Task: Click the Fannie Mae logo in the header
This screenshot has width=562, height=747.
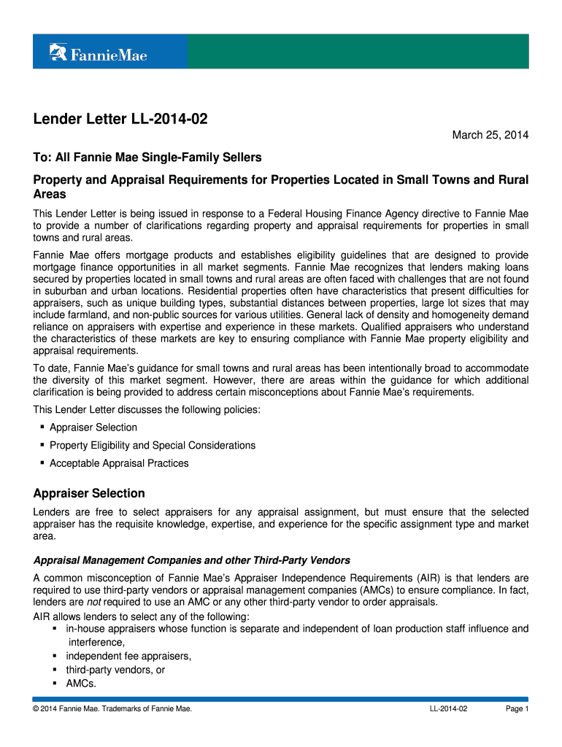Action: (x=98, y=53)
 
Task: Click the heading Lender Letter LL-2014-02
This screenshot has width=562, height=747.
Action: (x=120, y=119)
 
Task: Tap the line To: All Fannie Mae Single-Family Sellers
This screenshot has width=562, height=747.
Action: (x=147, y=158)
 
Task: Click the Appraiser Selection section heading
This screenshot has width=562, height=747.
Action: (x=89, y=493)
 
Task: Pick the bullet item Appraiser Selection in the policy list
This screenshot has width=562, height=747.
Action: (x=93, y=427)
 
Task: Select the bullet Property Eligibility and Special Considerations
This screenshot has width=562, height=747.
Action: (x=153, y=445)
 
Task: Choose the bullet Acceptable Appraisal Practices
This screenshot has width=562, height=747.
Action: (x=119, y=463)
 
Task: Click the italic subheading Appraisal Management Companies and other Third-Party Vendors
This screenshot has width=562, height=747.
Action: (x=192, y=560)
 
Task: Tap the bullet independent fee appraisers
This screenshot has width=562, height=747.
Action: (x=128, y=656)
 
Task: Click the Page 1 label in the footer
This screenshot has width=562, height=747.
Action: (x=517, y=709)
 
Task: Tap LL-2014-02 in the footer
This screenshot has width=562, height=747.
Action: (x=449, y=709)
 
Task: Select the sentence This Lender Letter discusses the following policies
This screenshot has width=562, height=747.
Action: (x=147, y=409)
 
